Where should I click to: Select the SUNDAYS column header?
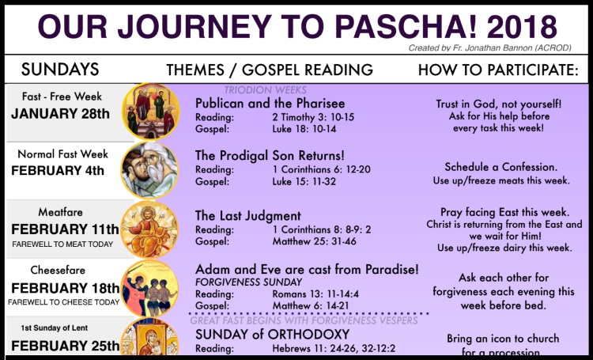click(60, 69)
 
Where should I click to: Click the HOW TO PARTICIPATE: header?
click(498, 70)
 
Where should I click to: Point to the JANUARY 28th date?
click(60, 113)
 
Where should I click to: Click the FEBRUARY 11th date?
click(65, 229)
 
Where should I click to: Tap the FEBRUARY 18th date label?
click(65, 287)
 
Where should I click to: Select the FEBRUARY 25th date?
click(65, 346)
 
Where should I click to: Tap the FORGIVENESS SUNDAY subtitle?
click(249, 282)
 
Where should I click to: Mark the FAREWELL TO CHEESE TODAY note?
click(65, 302)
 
